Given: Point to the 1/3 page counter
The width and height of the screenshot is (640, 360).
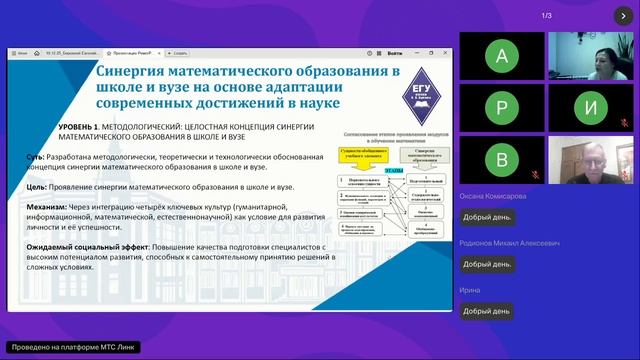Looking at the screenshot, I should pos(547,16).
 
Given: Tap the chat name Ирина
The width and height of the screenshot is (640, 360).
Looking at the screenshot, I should pos(470,290).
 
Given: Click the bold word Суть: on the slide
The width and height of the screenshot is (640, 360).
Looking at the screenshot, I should pos(36,156).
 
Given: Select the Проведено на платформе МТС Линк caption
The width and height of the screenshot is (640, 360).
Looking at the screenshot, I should pos(70,348).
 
